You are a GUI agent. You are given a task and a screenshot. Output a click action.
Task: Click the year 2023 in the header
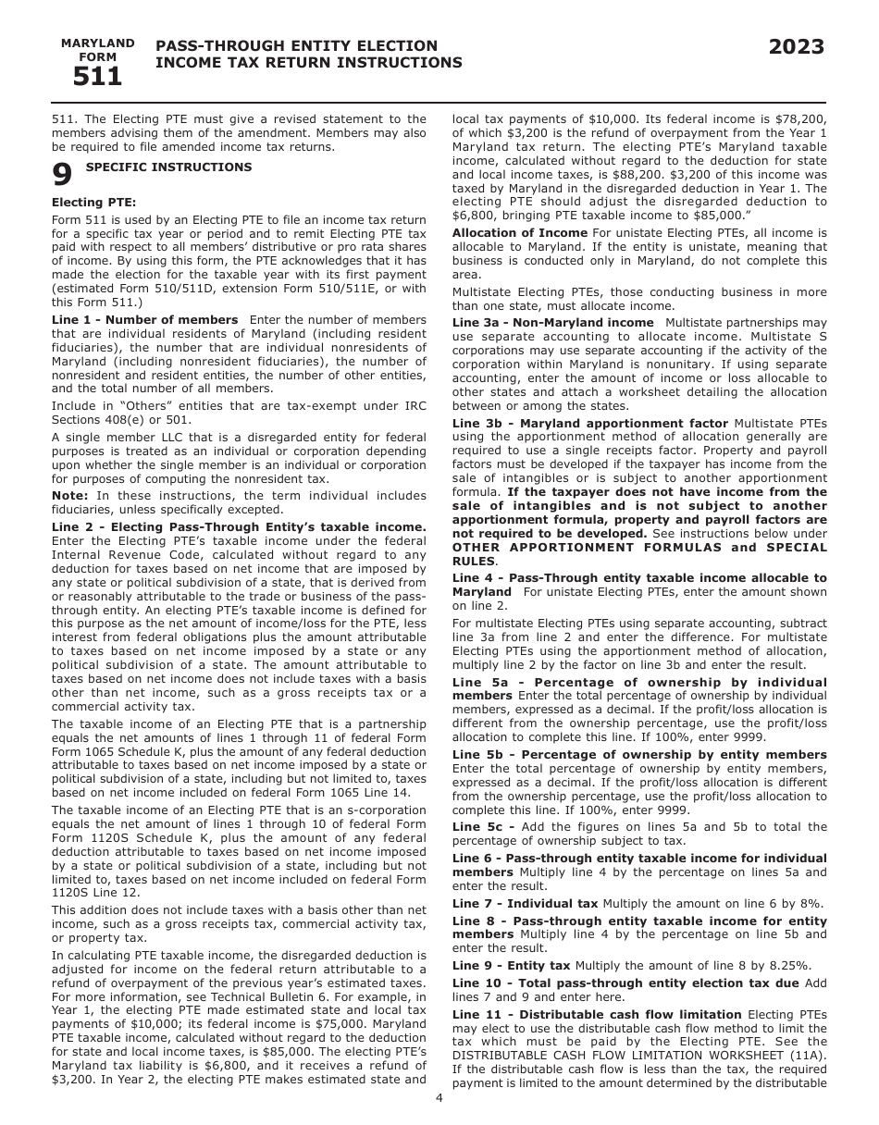796,48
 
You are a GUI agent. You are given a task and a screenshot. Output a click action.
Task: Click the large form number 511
97,77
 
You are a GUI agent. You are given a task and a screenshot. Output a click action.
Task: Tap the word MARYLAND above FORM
97,43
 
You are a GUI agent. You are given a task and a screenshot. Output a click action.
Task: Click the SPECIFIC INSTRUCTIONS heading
168,167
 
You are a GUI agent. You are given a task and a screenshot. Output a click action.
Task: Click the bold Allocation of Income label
519,233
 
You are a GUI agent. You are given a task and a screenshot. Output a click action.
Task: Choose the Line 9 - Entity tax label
511,965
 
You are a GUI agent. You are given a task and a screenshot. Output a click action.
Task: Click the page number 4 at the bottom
439,1098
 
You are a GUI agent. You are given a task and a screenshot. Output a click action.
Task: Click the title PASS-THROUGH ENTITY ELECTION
297,46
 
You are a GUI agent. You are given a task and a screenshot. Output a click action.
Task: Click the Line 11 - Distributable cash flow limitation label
597,1015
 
